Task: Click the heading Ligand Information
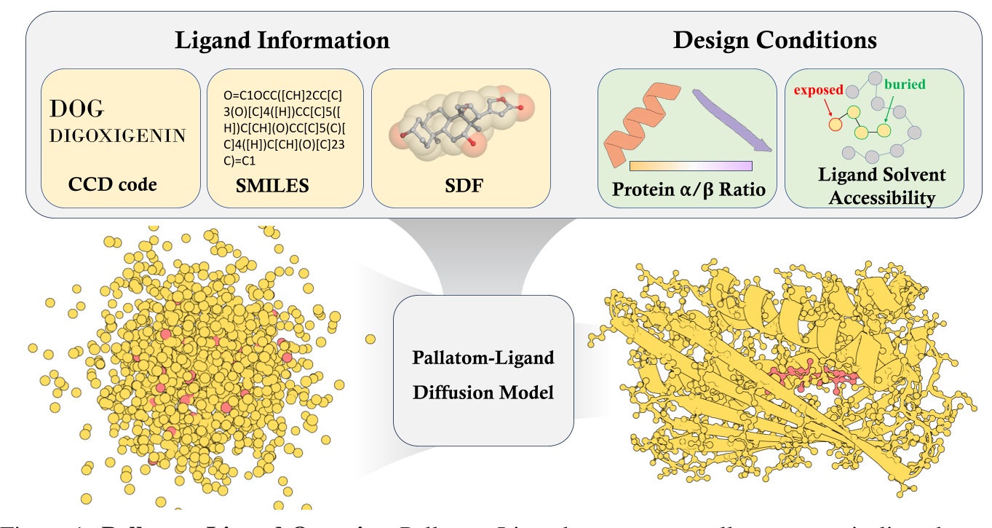[x=282, y=39]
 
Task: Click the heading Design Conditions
[x=774, y=39]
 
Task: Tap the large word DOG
[x=77, y=109]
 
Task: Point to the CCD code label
[x=112, y=185]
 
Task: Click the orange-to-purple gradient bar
[x=690, y=165]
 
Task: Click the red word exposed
[x=818, y=90]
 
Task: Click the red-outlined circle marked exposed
[x=835, y=124]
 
